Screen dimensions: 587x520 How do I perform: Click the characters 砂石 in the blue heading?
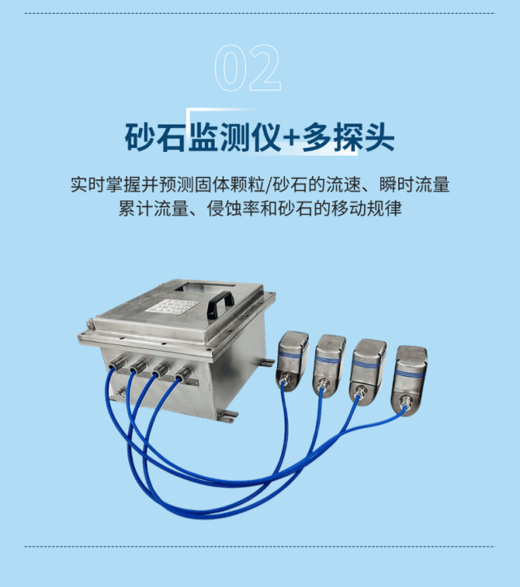tap(155, 137)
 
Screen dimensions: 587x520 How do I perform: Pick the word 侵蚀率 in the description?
tap(229, 209)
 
